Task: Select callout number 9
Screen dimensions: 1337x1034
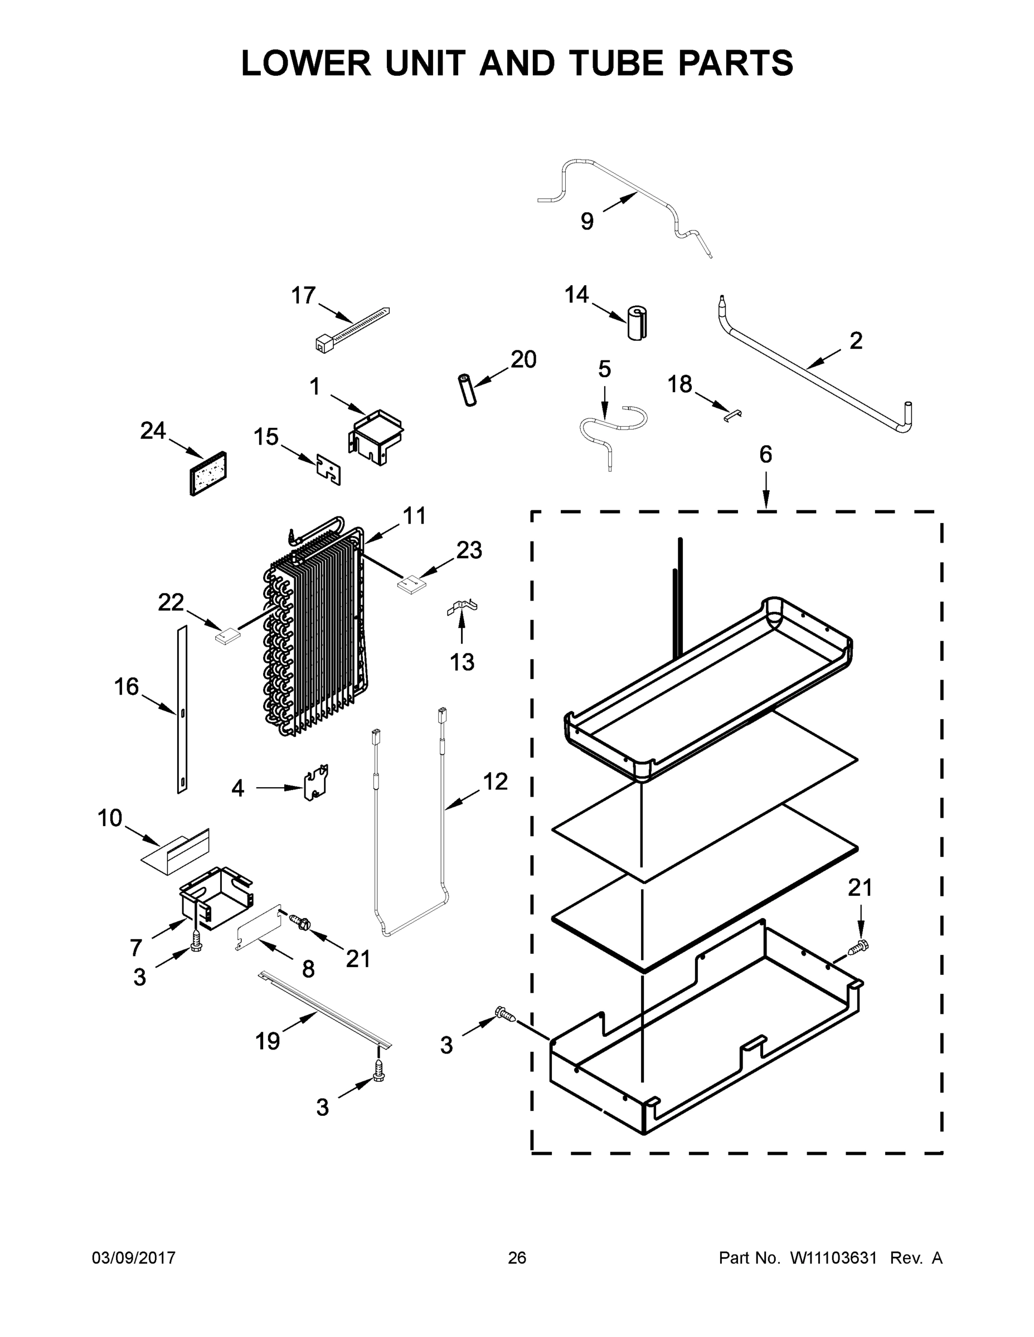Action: pyautogui.click(x=587, y=221)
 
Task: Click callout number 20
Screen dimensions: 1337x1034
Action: pyautogui.click(x=523, y=359)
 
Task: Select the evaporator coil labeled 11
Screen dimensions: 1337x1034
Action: pyautogui.click(x=312, y=631)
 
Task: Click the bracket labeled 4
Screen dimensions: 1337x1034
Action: pyautogui.click(x=316, y=782)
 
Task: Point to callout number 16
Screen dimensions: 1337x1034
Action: pyautogui.click(x=126, y=687)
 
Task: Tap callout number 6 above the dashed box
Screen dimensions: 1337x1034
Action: pyautogui.click(x=766, y=454)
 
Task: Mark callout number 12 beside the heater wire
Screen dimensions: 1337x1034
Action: pyautogui.click(x=495, y=782)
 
